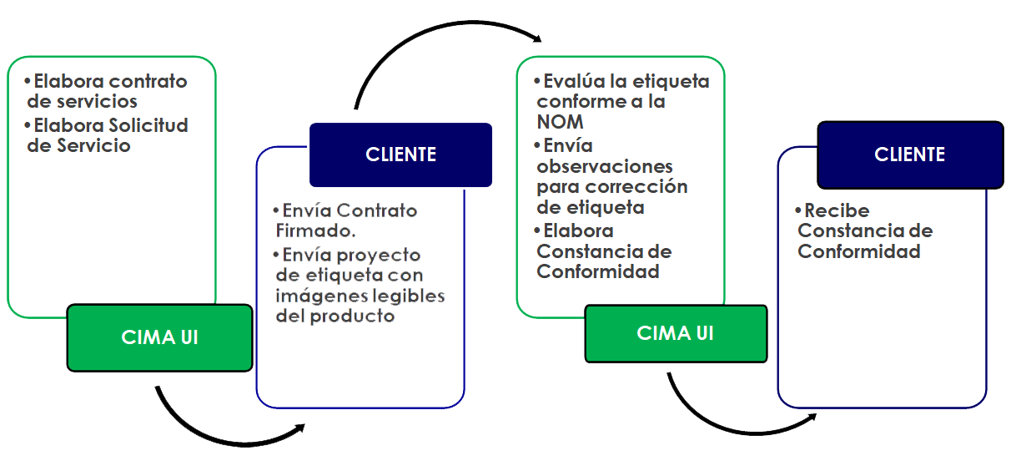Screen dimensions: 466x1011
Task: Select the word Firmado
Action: (x=322, y=230)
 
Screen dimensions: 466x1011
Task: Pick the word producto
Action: (x=351, y=317)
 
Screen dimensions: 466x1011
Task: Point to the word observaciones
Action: (x=605, y=166)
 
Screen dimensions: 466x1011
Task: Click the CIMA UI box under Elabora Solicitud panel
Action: (x=159, y=337)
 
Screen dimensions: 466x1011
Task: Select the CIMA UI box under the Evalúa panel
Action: (x=676, y=332)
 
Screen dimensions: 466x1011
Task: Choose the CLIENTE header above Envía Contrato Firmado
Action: (x=400, y=154)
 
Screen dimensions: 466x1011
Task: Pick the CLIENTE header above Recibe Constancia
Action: (x=909, y=154)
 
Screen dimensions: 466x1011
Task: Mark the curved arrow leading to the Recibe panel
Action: (x=734, y=426)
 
